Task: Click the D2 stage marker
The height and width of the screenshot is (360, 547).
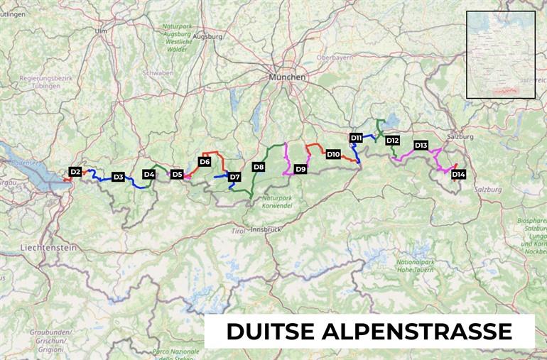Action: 75,171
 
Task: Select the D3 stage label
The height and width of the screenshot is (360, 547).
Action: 118,177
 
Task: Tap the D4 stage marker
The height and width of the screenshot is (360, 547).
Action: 149,174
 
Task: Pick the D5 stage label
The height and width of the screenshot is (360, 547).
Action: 177,174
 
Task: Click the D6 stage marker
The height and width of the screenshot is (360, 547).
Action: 205,162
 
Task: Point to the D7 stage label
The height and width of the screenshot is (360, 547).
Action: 234,177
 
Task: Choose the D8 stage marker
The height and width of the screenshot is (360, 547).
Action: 259,167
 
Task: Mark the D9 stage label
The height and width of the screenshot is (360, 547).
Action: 300,169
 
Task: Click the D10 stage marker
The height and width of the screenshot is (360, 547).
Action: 333,154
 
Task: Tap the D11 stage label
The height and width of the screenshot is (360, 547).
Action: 357,137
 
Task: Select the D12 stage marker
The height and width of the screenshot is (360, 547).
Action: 392,141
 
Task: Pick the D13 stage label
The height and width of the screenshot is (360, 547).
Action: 421,146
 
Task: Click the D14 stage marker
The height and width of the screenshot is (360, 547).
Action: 458,174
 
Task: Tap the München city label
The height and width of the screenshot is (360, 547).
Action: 287,77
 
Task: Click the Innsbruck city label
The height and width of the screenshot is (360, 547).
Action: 266,229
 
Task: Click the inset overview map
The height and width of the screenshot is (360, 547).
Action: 501,55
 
